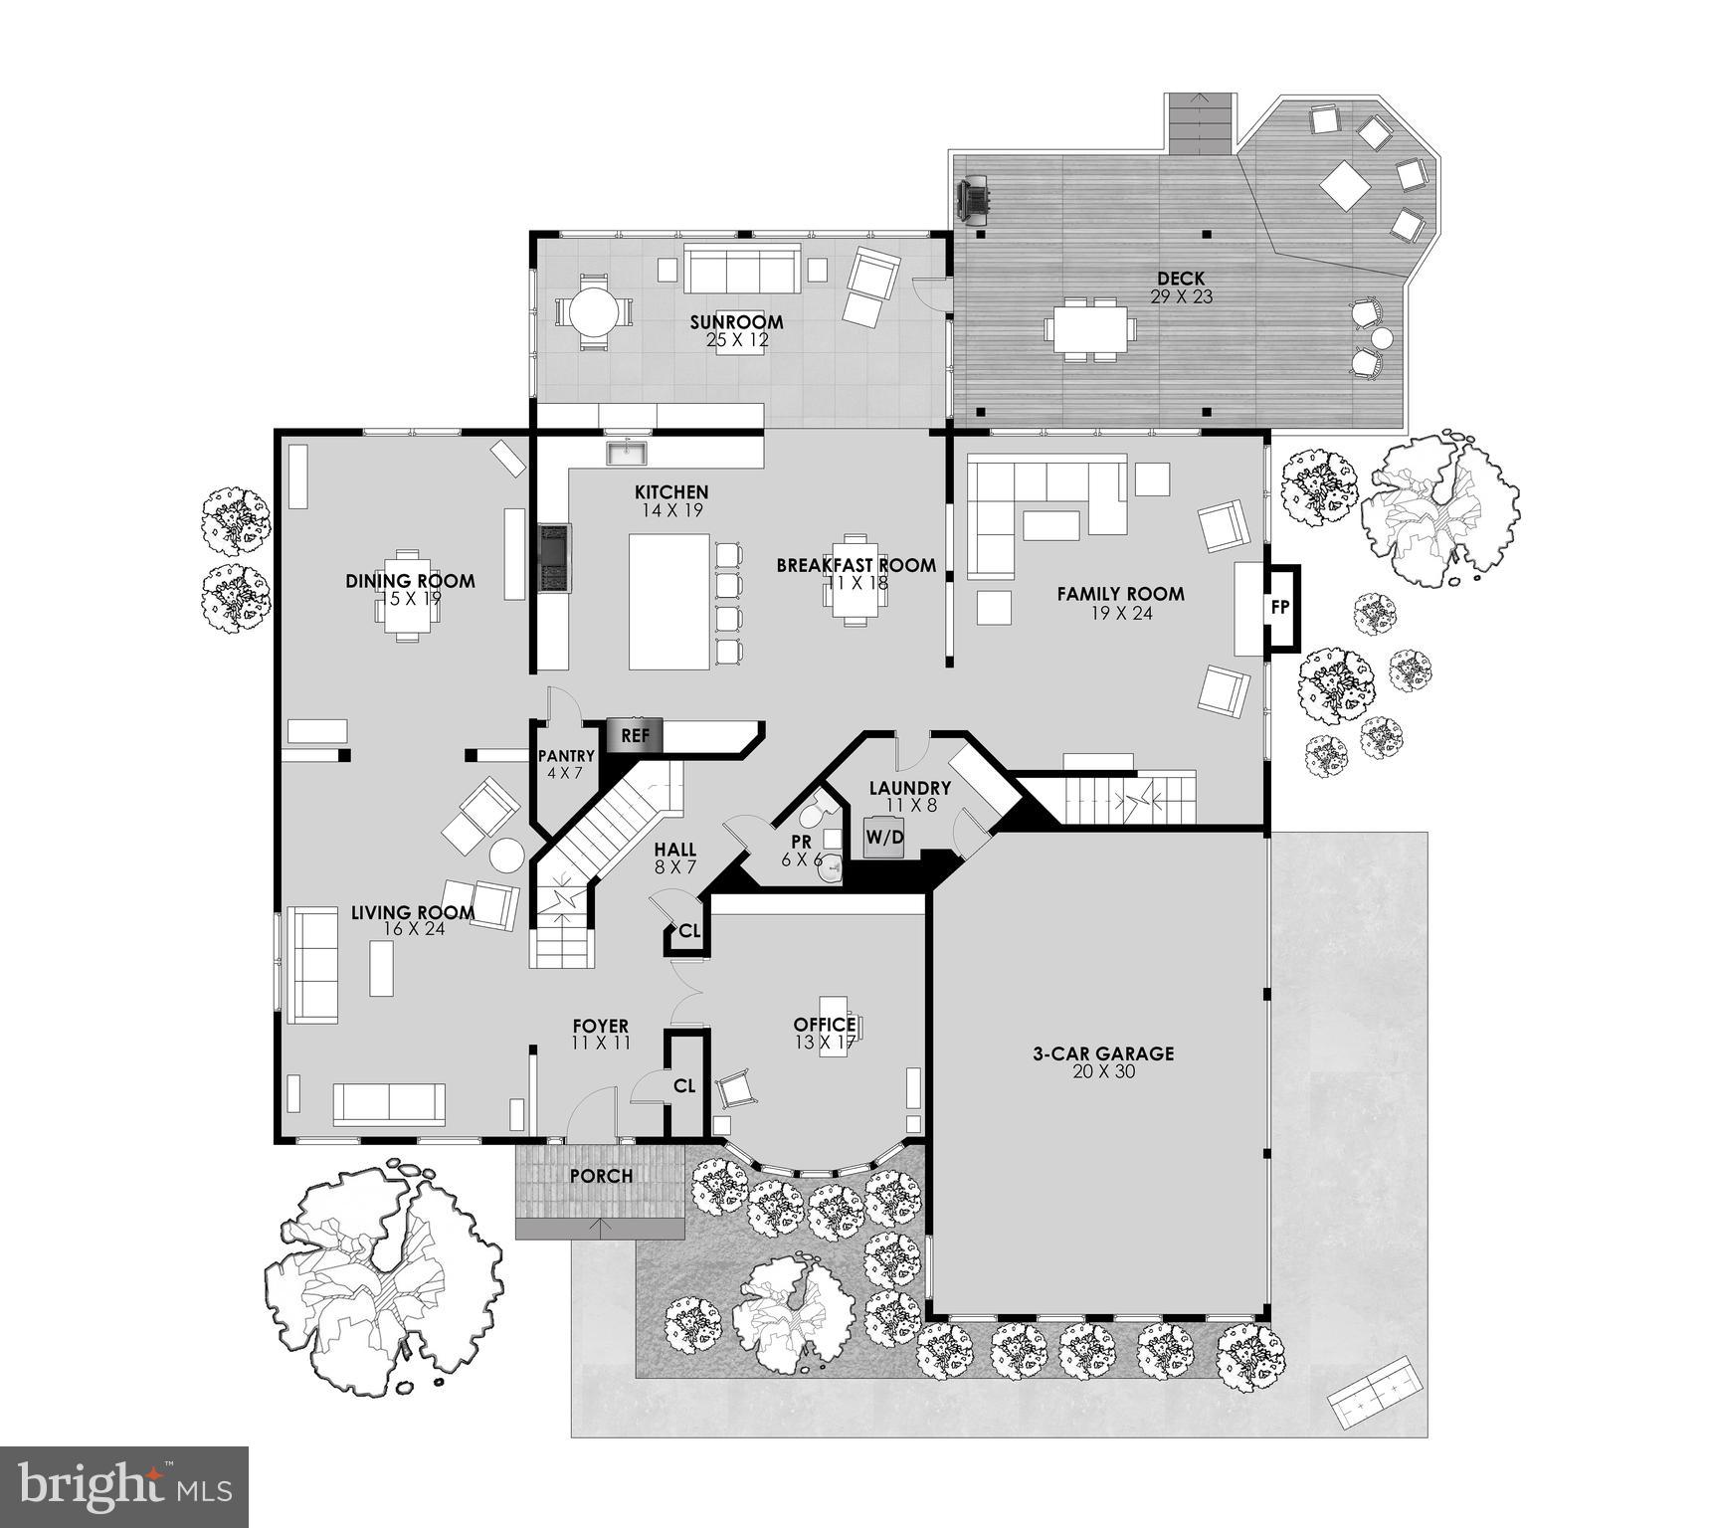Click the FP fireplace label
coord(1281,606)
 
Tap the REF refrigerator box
coord(635,736)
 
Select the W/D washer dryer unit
coord(884,838)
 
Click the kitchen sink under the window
coord(627,454)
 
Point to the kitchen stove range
coord(554,559)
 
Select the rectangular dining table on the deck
coord(1090,327)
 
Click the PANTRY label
coord(566,756)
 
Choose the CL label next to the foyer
coord(684,1086)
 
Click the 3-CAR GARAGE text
coord(1102,1053)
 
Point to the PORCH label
coord(601,1176)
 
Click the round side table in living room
coord(507,856)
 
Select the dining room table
coord(407,595)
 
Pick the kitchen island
coord(668,601)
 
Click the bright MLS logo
coord(123,1486)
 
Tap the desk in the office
coord(834,1026)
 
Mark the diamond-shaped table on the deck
coord(1345,184)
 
